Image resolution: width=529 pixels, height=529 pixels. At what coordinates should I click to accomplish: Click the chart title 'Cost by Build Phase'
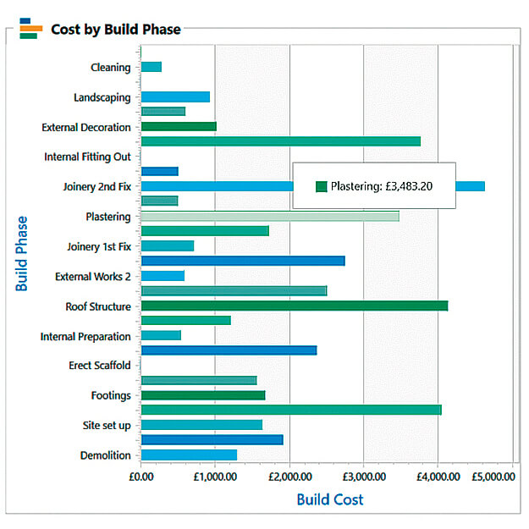coord(116,30)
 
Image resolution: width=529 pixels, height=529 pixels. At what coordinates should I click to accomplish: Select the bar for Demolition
coord(189,455)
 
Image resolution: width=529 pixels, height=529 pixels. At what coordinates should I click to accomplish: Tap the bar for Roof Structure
coord(295,306)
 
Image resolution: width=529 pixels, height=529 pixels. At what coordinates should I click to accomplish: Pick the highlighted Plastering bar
coord(270,217)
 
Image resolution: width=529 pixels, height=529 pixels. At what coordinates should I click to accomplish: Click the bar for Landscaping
coord(175,96)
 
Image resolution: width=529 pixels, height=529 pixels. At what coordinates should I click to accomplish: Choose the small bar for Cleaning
coord(152,67)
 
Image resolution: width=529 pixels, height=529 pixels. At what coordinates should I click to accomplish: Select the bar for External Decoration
coord(179,126)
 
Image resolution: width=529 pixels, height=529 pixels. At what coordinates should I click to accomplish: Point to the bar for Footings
coord(203,395)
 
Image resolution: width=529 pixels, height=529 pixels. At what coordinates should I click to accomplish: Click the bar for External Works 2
coord(163,276)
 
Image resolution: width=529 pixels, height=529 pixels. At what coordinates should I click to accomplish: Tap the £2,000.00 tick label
coord(290,477)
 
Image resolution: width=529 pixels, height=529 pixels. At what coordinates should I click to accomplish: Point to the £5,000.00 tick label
coord(493,477)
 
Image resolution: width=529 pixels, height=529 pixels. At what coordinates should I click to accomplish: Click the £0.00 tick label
coord(141,477)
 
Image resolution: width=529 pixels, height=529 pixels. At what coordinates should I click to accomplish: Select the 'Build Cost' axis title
coord(330,499)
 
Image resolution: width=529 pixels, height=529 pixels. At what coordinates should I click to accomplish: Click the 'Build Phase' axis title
coord(21,254)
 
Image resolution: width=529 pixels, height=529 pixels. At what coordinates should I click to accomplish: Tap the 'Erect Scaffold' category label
coord(100,366)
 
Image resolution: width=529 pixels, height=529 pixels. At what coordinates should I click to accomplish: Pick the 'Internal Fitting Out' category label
coord(87,157)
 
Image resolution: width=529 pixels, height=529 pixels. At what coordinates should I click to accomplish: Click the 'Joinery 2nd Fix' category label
coord(97,186)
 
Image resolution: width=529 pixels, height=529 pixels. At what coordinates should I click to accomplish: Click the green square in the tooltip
coord(322,186)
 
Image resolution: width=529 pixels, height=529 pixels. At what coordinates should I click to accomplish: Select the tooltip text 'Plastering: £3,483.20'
coord(382,186)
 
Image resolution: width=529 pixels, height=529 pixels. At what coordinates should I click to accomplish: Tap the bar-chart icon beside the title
coord(31,29)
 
